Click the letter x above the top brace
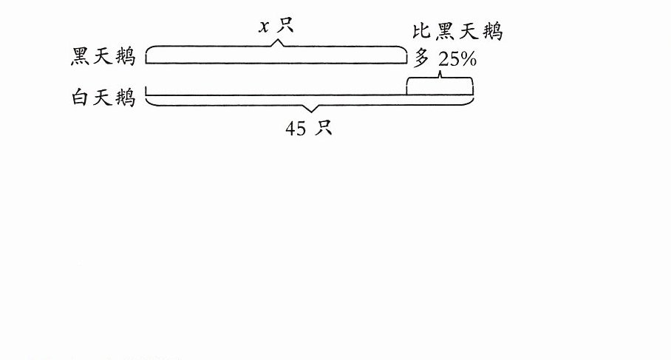point(265,27)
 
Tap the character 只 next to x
point(285,24)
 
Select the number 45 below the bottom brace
point(296,129)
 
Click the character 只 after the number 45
point(323,127)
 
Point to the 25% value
point(457,59)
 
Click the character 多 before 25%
point(421,58)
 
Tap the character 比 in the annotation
point(421,31)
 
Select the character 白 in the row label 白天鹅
point(80,97)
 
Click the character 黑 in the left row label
point(80,56)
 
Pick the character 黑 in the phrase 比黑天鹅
point(445,32)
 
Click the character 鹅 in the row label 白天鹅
point(126,98)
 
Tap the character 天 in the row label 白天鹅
point(102,98)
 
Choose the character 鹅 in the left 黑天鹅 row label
point(126,57)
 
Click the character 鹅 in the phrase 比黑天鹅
point(493,32)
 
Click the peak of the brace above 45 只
point(312,112)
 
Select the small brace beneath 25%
point(440,78)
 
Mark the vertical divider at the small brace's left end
point(406,86)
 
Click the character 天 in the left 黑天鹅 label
point(102,56)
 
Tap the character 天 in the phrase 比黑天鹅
point(469,32)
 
